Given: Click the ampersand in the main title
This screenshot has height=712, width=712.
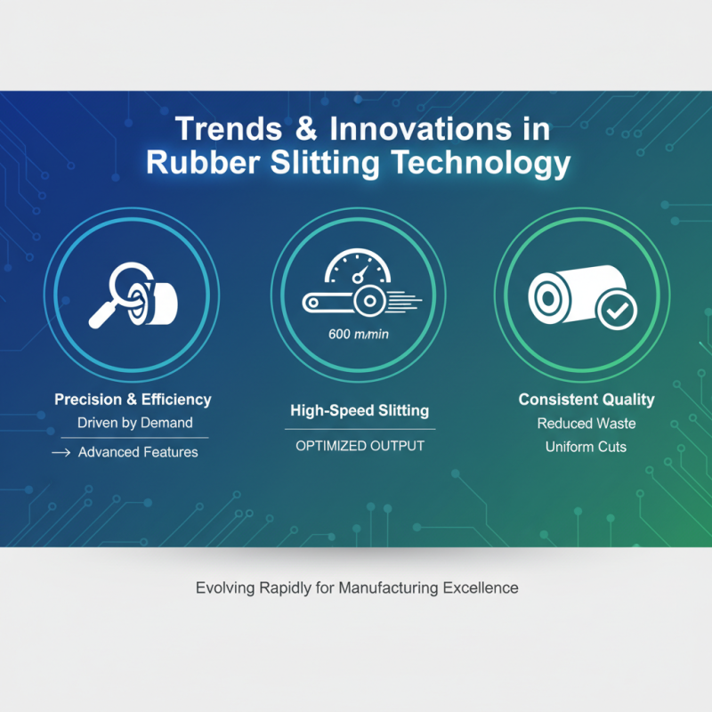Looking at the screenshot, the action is pyautogui.click(x=306, y=129).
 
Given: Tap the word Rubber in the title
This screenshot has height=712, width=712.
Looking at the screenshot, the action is pyautogui.click(x=203, y=163).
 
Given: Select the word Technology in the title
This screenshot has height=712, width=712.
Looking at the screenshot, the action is pyautogui.click(x=481, y=165).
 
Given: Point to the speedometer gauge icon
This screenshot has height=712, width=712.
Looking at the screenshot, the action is pyautogui.click(x=358, y=265).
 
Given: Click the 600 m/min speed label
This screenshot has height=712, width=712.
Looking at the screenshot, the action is pyautogui.click(x=359, y=335).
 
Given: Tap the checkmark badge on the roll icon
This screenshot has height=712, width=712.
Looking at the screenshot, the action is pyautogui.click(x=617, y=310).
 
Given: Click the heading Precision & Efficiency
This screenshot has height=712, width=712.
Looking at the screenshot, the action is pyautogui.click(x=133, y=400).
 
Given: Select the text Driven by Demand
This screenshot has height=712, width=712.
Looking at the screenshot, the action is pyautogui.click(x=135, y=423).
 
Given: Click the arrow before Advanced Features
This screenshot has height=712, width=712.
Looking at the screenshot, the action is pyautogui.click(x=61, y=452).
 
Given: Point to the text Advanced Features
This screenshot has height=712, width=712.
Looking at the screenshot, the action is pyautogui.click(x=138, y=452).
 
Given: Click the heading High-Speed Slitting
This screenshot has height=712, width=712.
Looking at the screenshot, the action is pyautogui.click(x=360, y=410).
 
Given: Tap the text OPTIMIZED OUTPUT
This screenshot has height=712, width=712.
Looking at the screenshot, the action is pyautogui.click(x=360, y=446).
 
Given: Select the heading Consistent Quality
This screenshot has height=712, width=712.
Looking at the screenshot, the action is pyautogui.click(x=587, y=400).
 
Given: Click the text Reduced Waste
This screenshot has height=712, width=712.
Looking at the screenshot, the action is pyautogui.click(x=587, y=424).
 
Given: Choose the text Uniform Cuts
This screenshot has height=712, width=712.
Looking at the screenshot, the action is pyautogui.click(x=586, y=448).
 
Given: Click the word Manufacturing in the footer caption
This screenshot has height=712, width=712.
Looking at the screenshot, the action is pyautogui.click(x=389, y=588).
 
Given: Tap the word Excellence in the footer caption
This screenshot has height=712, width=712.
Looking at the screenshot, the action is pyautogui.click(x=481, y=588).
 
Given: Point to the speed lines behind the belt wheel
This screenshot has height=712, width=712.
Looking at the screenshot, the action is pyautogui.click(x=404, y=301).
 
